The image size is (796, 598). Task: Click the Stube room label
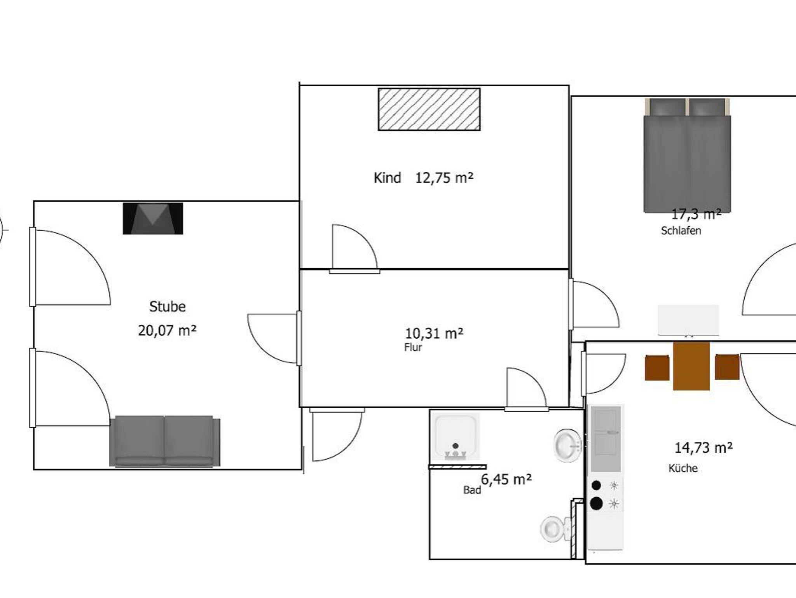(x=168, y=307)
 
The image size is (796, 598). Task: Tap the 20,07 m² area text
(x=167, y=330)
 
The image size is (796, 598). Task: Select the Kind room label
(x=387, y=178)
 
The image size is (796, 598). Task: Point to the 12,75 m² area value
(x=444, y=178)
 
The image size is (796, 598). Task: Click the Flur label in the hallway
(x=413, y=347)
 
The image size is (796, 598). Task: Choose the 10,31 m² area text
(x=434, y=333)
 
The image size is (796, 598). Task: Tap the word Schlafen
(x=681, y=231)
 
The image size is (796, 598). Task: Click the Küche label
(x=683, y=468)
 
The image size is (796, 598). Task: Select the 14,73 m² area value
(x=703, y=448)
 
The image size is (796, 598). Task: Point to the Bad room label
(x=472, y=490)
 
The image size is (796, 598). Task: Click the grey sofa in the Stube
(x=165, y=441)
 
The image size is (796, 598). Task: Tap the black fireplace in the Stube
(x=153, y=219)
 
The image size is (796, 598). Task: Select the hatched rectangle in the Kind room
(x=429, y=109)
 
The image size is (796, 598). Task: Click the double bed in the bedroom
(x=687, y=156)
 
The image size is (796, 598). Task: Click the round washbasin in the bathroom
(x=567, y=445)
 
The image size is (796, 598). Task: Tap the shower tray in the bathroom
(x=456, y=437)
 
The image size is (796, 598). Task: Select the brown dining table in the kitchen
(x=691, y=366)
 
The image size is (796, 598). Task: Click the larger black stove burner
(x=596, y=504)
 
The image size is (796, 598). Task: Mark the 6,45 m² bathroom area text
(x=506, y=479)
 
